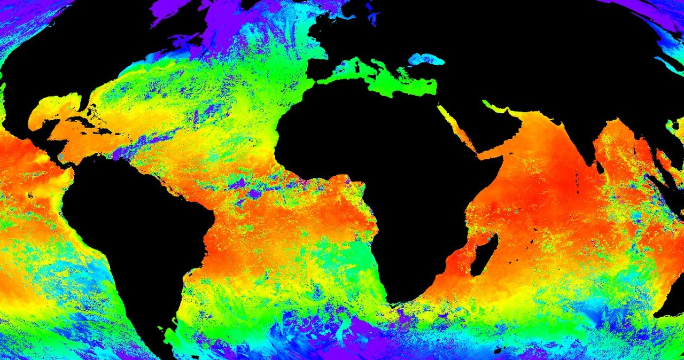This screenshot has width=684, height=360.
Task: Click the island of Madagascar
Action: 485,255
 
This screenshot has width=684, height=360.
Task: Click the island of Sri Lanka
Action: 600,167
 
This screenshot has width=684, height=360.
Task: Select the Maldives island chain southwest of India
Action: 577,179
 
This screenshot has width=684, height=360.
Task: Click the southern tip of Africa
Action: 398,302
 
